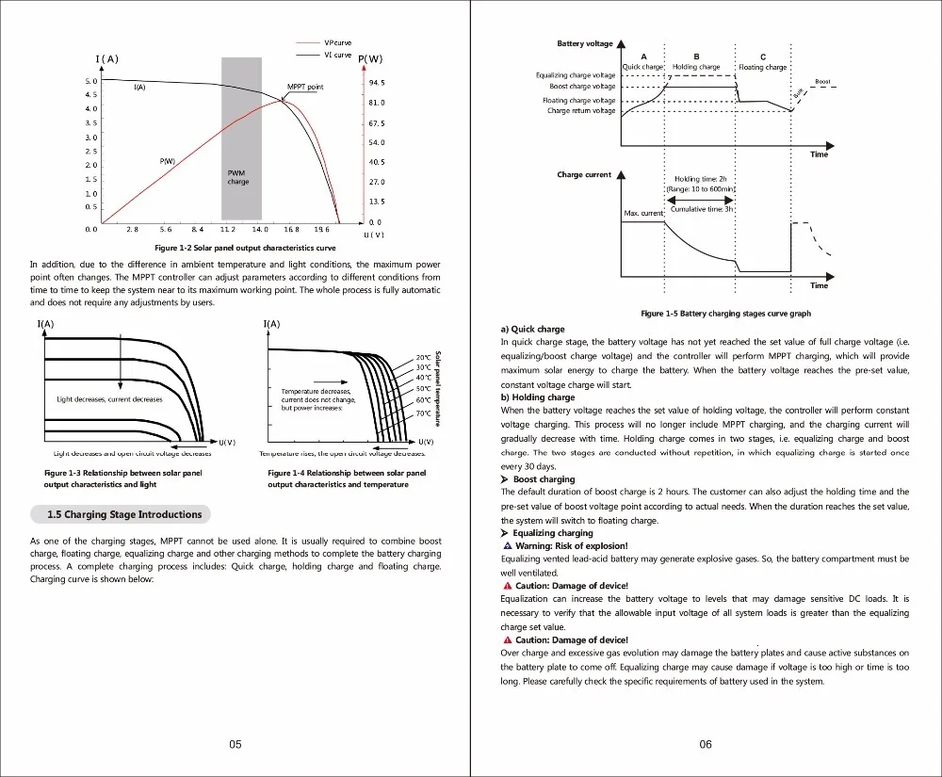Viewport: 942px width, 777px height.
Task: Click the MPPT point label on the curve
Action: click(305, 87)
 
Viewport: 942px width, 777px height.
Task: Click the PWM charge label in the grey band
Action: click(238, 177)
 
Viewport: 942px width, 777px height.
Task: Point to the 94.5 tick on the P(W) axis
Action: click(377, 83)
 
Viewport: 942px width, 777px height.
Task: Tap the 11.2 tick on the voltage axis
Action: click(228, 229)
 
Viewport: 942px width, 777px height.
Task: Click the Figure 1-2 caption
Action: click(245, 248)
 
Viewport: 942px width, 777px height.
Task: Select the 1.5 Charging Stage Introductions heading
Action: click(124, 514)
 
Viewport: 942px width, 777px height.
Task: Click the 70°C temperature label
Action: click(424, 413)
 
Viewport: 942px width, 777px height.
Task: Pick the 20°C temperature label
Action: click(424, 357)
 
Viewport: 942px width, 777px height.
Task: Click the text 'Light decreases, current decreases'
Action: click(109, 399)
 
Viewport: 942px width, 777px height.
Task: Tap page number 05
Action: click(235, 744)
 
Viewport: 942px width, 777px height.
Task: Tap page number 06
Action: click(706, 744)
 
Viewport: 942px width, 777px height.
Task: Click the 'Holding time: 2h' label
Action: click(701, 179)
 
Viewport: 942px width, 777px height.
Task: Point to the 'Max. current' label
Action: click(643, 213)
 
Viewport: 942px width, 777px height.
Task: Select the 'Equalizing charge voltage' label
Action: click(576, 75)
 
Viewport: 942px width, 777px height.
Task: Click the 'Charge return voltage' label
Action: click(581, 110)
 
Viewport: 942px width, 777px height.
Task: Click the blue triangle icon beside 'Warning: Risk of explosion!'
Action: click(508, 546)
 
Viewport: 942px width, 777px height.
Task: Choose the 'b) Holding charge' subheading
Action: click(538, 397)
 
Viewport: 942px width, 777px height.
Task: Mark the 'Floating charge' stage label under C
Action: click(762, 67)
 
